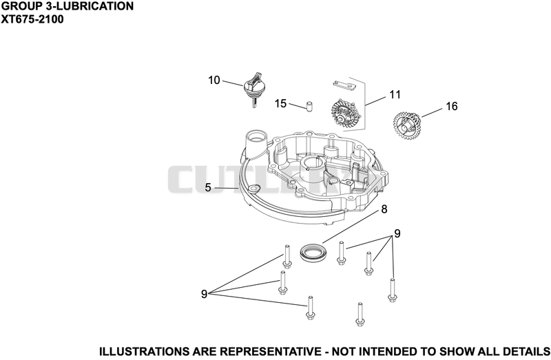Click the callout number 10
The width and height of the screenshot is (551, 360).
[214, 80]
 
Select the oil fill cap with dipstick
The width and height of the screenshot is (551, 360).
[254, 89]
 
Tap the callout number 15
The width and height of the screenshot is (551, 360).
[280, 104]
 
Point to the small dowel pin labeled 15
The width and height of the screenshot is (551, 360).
[309, 106]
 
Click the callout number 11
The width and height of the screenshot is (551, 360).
[395, 94]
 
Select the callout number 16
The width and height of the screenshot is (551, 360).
[452, 106]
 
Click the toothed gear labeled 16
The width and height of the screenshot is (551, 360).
[407, 126]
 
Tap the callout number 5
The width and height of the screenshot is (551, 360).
[208, 187]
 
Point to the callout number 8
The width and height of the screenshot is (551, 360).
[384, 209]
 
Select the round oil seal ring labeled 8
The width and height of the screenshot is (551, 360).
[314, 252]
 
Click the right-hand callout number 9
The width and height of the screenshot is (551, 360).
[397, 233]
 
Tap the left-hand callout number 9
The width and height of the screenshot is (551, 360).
[204, 294]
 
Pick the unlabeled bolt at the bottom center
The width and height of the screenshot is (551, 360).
[359, 315]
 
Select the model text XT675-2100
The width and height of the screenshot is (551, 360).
[32, 19]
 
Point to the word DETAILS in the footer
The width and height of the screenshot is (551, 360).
[526, 352]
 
